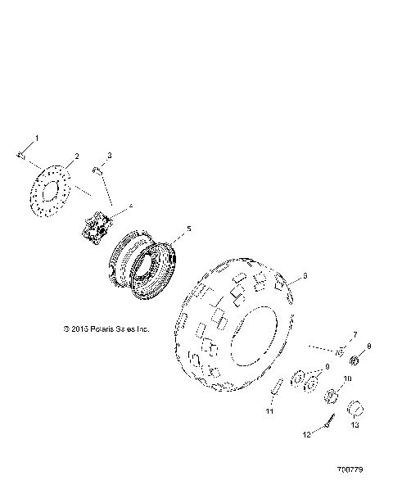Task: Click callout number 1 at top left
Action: [35, 139]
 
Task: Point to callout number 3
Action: [110, 156]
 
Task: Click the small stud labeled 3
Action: [97, 170]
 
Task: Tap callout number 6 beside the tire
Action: [305, 276]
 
